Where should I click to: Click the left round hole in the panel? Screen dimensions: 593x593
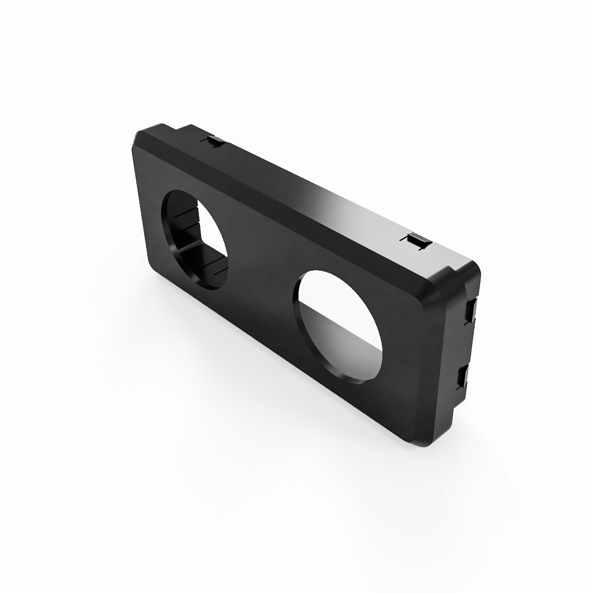click(195, 239)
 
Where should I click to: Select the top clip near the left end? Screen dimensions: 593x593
click(216, 141)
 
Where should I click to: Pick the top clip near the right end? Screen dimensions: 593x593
click(418, 240)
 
